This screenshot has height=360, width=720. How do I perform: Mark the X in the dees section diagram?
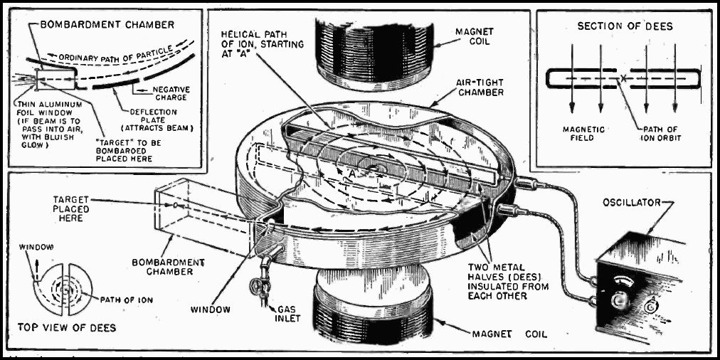[x=621, y=77]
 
